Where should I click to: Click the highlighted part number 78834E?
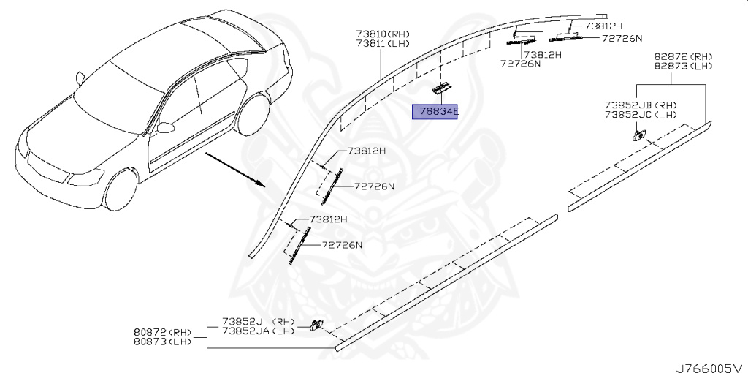pyautogui.click(x=435, y=112)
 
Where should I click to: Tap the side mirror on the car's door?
pyautogui.click(x=167, y=127)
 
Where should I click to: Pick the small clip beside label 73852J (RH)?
pyautogui.click(x=316, y=325)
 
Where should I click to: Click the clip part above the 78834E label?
pyautogui.click(x=440, y=88)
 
